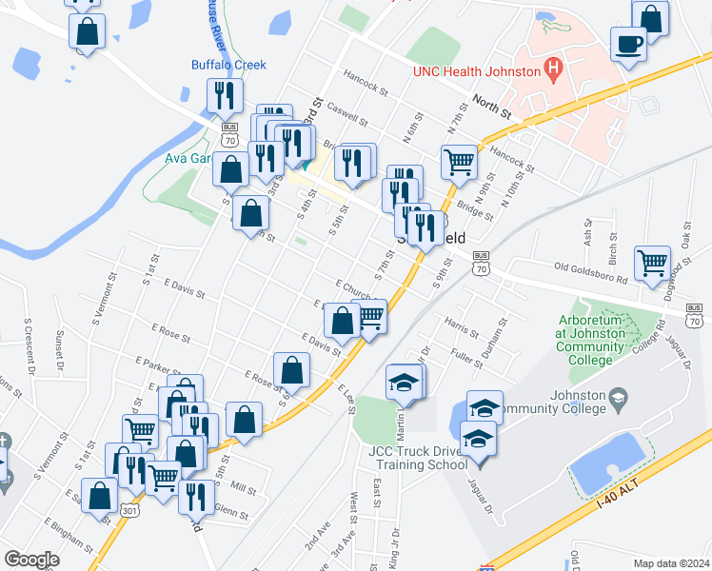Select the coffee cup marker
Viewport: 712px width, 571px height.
click(628, 44)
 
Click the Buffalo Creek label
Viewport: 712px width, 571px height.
click(228, 65)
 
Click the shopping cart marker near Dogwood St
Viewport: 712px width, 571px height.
click(652, 263)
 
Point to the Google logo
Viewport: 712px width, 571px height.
click(31, 560)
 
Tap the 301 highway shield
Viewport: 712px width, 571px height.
click(127, 512)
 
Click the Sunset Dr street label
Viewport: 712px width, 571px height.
click(59, 348)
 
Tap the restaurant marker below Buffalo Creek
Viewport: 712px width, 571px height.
click(225, 95)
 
